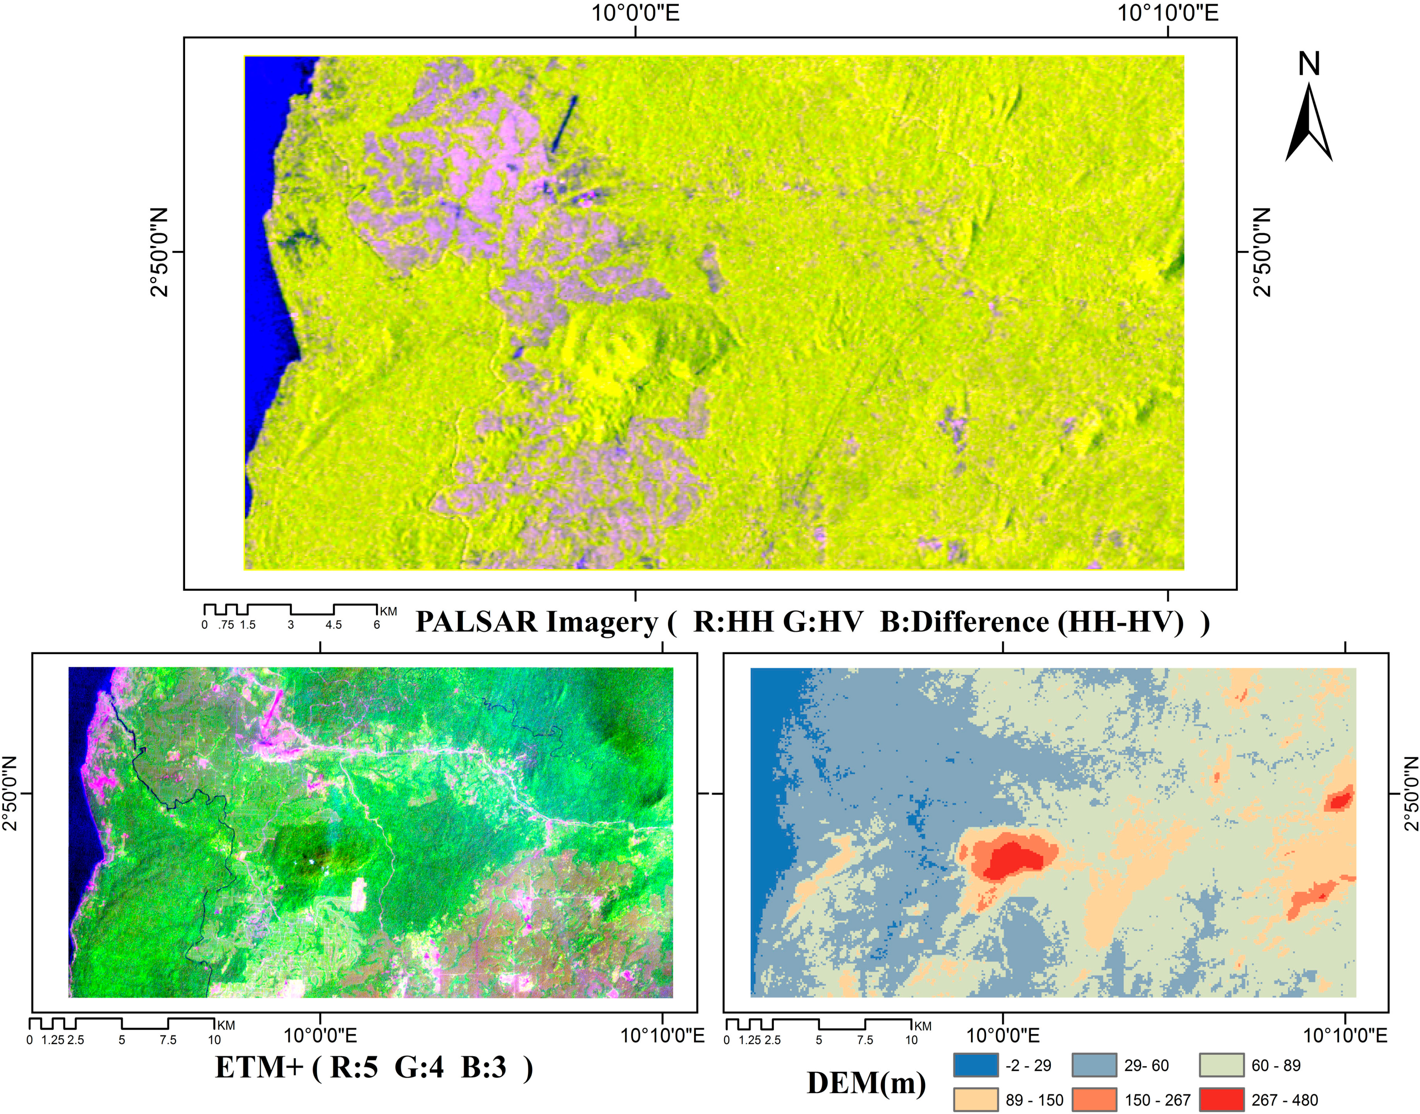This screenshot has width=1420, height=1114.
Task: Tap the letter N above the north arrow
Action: pos(1309,64)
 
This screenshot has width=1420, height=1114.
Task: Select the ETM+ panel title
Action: pos(374,1068)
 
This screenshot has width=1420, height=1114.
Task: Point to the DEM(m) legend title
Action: pos(866,1083)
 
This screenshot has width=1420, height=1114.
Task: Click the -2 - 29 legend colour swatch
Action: pos(975,1065)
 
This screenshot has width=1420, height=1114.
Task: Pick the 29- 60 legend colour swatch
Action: pos(1094,1065)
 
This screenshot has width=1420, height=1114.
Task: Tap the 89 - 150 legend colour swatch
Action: pos(975,1100)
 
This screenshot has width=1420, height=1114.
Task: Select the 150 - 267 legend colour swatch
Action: pos(1094,1100)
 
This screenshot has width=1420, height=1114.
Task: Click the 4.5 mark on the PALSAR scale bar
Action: pos(333,625)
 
